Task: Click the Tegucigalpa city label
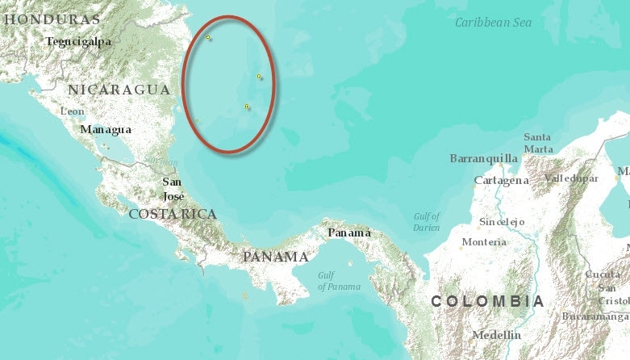(78, 42)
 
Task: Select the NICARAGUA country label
(119, 90)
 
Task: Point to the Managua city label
(105, 129)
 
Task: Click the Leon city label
(73, 111)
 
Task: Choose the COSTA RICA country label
(173, 214)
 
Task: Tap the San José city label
(173, 189)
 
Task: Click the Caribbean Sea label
(493, 23)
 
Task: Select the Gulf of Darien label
(427, 222)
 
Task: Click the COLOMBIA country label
(488, 301)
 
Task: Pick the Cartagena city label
(501, 181)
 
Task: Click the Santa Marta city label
(537, 143)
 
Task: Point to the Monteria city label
(484, 242)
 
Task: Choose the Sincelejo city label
(502, 221)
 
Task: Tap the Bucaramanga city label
(597, 316)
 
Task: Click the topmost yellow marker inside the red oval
(208, 37)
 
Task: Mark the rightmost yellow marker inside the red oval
(259, 77)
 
